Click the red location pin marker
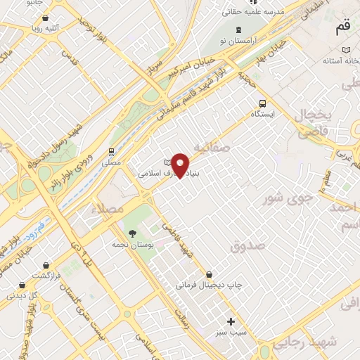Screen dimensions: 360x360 (181, 165)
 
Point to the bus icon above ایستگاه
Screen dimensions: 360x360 (263, 102)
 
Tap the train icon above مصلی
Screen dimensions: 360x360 (111, 151)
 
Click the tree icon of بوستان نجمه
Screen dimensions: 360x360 (131, 233)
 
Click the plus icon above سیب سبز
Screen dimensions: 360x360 (231, 321)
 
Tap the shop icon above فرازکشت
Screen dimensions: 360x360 (46, 265)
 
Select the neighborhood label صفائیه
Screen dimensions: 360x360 (210, 148)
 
